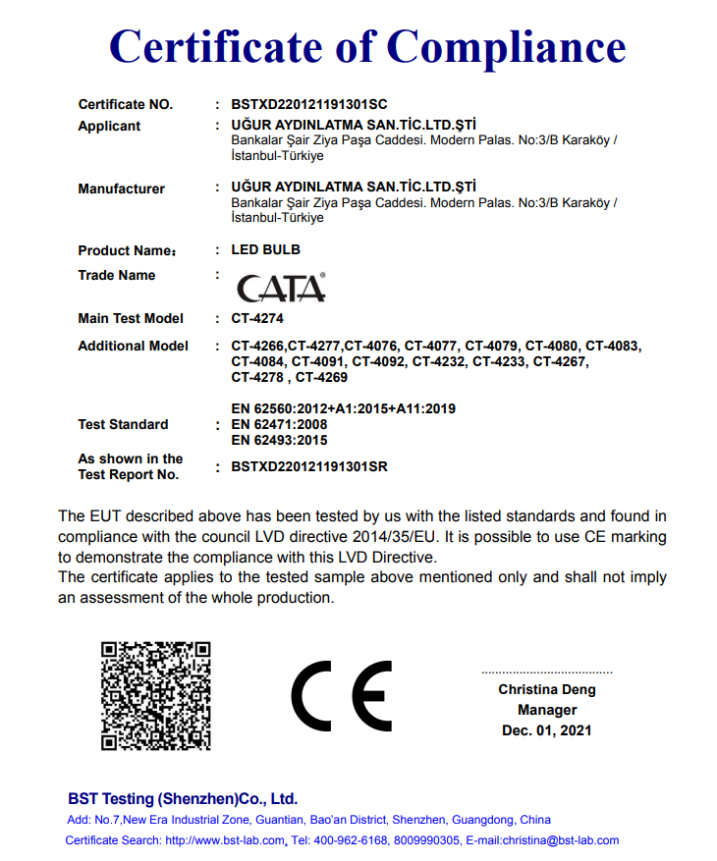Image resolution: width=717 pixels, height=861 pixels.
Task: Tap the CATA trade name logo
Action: pos(281,288)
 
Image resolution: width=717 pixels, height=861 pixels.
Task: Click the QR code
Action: pos(156,696)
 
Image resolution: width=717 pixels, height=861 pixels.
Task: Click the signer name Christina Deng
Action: pos(547,690)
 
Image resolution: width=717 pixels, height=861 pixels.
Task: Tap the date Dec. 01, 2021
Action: pos(547,730)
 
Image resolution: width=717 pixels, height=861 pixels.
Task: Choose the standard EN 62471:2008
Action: pos(279,424)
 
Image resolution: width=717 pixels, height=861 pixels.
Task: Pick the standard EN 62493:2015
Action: pos(279,440)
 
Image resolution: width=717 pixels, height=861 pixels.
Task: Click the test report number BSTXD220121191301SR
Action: pos(309,466)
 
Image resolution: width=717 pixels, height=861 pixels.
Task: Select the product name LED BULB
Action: pos(265,250)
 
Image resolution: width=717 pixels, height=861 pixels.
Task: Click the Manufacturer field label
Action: pos(121,188)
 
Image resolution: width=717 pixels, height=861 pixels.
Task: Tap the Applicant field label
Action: pos(109,126)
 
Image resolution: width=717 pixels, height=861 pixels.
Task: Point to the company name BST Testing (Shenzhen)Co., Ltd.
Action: pos(183,799)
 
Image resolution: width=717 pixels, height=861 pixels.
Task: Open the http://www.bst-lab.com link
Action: pos(225,840)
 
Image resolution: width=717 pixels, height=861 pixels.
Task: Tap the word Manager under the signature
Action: pos(547,710)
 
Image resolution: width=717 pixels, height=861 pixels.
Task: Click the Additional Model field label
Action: pos(133,346)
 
